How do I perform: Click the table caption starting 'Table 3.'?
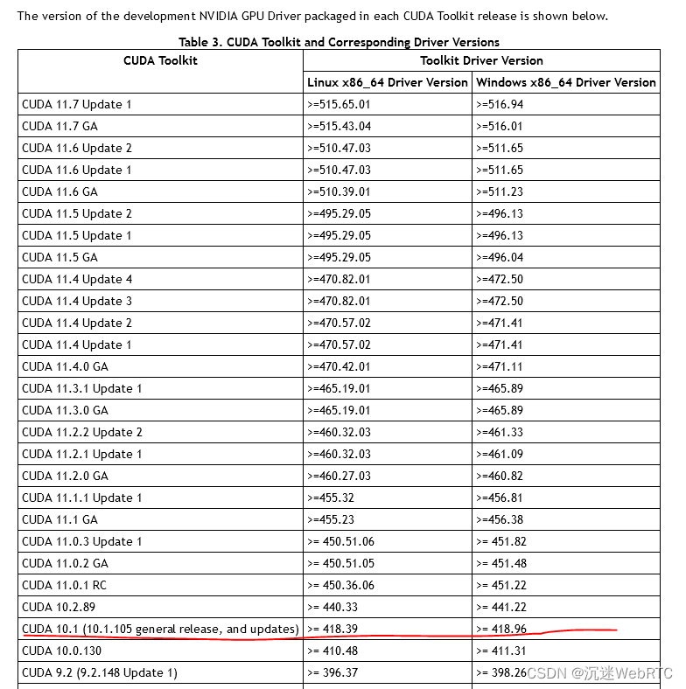[x=339, y=42]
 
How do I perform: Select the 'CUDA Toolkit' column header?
[x=160, y=60]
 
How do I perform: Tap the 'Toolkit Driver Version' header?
[x=481, y=60]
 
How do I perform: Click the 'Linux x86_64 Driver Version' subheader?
[x=388, y=82]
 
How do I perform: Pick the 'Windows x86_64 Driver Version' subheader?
[x=565, y=82]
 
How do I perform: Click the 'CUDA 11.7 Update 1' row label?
[x=77, y=104]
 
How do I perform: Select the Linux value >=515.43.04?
[x=339, y=126]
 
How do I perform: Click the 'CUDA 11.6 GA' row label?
[x=59, y=191]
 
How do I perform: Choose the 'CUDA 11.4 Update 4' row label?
[x=77, y=279]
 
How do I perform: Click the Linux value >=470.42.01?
[x=339, y=366]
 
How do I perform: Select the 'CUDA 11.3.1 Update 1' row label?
[x=82, y=388]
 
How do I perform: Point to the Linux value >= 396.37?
[x=334, y=672]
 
